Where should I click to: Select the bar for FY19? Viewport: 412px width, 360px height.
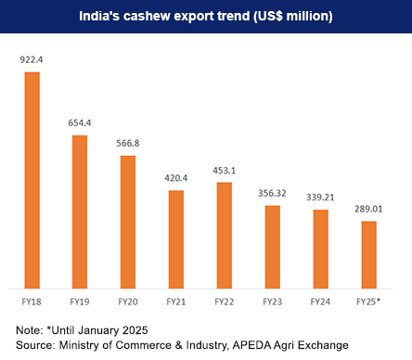pyautogui.click(x=80, y=211)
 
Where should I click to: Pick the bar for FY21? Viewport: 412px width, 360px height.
pyautogui.click(x=176, y=238)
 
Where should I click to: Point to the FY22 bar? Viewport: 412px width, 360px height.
pyautogui.click(x=224, y=235)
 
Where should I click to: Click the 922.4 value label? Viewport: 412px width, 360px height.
pyautogui.click(x=32, y=59)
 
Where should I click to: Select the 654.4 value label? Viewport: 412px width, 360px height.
pyautogui.click(x=80, y=123)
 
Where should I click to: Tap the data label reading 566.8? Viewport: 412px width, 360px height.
pyautogui.click(x=128, y=144)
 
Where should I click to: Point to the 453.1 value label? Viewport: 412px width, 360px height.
pyautogui.click(x=224, y=171)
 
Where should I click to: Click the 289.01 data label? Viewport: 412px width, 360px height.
pyautogui.click(x=368, y=209)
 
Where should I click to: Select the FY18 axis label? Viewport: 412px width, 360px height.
pyautogui.click(x=32, y=302)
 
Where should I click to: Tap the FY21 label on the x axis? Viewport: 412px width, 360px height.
pyautogui.click(x=176, y=302)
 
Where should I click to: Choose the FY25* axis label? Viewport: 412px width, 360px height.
pyautogui.click(x=368, y=302)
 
